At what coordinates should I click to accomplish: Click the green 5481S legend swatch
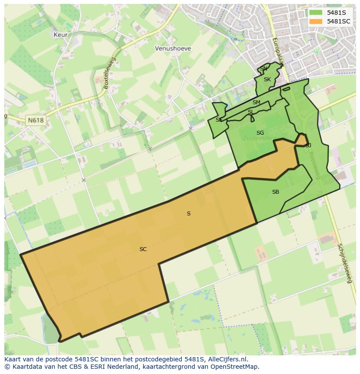316,13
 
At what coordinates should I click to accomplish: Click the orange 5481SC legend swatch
316,21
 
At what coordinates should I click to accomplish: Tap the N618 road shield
35,120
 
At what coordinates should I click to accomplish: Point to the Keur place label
60,34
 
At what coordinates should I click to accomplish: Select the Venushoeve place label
173,49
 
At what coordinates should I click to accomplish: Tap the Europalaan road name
277,51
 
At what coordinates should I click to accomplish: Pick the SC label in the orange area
143,249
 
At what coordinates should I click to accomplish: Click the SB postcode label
276,192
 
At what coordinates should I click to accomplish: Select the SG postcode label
260,133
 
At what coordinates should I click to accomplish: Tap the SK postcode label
267,79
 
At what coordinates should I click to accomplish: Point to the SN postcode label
264,69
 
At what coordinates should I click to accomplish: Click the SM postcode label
257,103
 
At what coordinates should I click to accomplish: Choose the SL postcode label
250,112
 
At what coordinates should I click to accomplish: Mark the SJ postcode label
308,146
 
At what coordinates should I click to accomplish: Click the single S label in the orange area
189,214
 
